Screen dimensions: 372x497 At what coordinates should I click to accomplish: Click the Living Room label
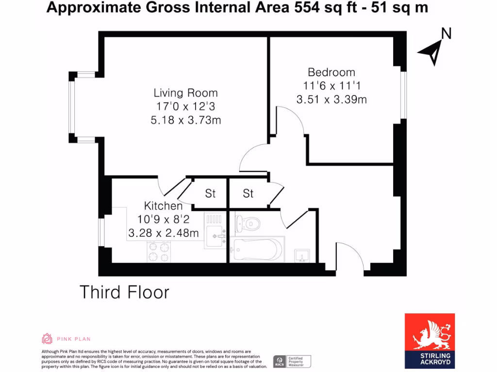(185, 93)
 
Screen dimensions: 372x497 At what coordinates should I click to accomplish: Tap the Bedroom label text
(331, 72)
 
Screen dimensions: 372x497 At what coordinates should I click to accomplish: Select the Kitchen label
(163, 206)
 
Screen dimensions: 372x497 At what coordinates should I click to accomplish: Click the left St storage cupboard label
(210, 194)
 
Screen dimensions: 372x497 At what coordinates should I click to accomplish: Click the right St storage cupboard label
(248, 194)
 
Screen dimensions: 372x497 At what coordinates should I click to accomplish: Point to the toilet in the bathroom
(248, 224)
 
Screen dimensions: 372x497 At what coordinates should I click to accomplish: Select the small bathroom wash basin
(301, 255)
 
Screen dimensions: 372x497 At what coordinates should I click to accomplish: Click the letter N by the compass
(446, 33)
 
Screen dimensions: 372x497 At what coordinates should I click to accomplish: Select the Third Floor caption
(124, 293)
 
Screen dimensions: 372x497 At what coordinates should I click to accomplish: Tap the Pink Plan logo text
(74, 339)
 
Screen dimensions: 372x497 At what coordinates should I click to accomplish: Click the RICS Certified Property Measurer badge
(292, 361)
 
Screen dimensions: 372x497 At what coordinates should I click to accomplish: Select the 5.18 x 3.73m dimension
(185, 120)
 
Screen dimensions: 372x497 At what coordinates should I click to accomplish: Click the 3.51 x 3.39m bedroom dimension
(331, 100)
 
